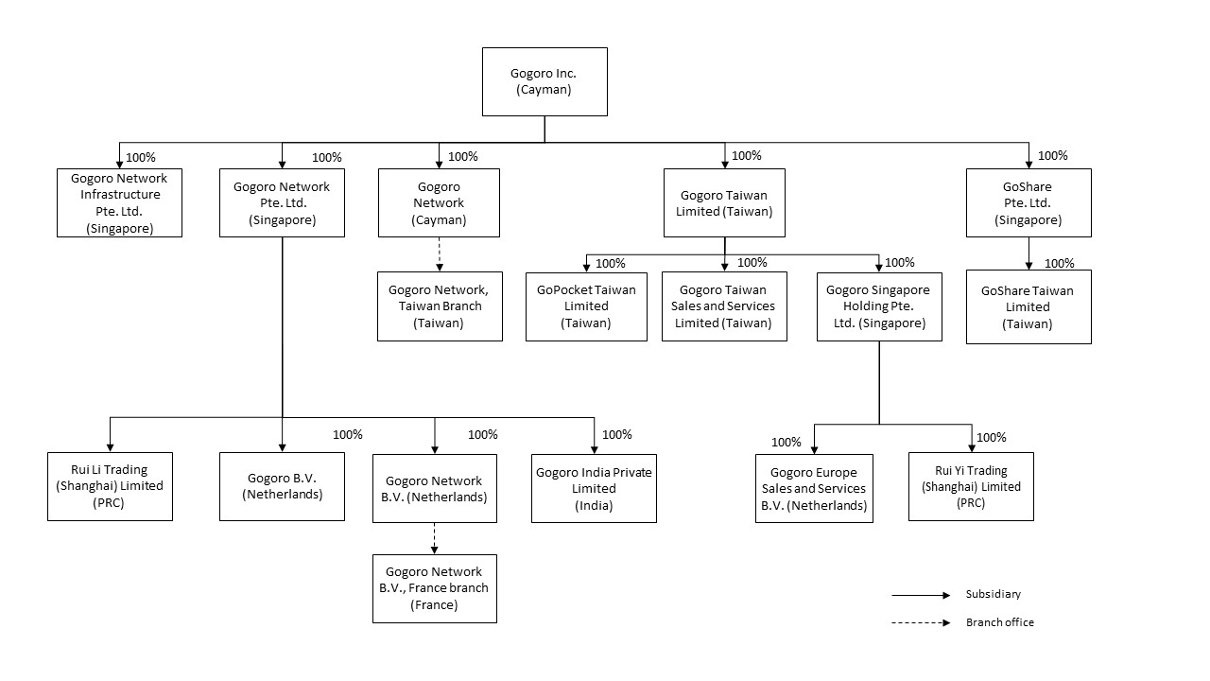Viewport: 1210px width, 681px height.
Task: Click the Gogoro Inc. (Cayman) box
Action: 544,81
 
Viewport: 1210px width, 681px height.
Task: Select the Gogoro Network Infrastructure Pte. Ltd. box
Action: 119,202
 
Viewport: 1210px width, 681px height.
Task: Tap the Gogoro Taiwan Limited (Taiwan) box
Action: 724,202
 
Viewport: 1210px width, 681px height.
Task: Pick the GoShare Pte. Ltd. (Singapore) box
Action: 1028,202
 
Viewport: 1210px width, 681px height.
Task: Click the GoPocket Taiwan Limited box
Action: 586,306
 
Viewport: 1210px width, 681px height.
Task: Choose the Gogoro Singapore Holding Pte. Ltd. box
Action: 879,306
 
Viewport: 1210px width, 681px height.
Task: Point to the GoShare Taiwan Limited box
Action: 1028,307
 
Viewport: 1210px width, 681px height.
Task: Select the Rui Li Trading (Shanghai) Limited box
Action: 111,486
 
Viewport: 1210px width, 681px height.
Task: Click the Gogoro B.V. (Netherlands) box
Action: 282,486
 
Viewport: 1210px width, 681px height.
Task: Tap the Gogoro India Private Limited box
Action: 595,489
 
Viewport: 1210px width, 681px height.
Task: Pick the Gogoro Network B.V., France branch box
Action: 435,588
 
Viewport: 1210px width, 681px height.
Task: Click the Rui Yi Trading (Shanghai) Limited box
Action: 971,486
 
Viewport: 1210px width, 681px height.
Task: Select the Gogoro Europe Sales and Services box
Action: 814,489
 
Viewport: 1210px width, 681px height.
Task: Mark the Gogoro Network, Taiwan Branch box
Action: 440,306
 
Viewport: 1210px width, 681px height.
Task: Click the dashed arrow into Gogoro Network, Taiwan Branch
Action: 440,254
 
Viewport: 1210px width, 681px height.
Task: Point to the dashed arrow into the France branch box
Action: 434,538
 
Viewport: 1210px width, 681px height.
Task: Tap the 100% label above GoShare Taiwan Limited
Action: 1060,263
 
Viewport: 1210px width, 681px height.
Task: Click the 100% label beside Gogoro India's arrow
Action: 617,434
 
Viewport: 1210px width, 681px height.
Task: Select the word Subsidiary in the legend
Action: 994,594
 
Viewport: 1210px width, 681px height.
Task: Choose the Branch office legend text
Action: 1000,622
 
